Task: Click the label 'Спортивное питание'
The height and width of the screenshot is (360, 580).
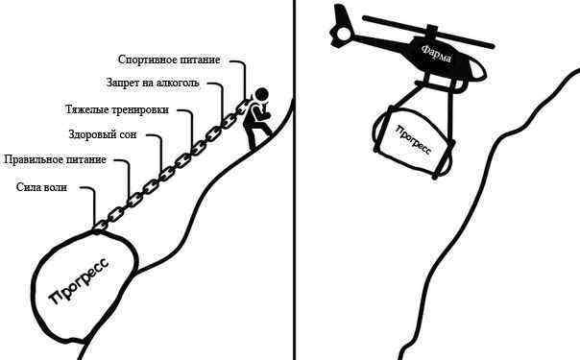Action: (169, 60)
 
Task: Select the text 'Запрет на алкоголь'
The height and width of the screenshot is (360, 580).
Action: (153, 83)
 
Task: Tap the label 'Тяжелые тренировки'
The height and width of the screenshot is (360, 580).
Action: (117, 109)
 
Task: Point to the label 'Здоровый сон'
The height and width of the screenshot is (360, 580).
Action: (103, 134)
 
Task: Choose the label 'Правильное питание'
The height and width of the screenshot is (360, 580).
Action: (55, 159)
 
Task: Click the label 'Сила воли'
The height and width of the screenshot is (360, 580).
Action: (42, 187)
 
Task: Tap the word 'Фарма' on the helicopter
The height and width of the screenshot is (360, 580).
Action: (437, 53)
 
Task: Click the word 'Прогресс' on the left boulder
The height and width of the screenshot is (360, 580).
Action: (79, 279)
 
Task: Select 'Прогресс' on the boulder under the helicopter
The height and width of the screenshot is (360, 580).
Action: (414, 140)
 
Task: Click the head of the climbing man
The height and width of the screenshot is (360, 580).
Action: (261, 94)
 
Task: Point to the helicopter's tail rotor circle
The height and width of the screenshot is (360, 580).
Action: (344, 33)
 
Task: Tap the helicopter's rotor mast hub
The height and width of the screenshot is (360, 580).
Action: (431, 31)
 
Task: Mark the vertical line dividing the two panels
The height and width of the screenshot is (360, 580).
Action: (295, 180)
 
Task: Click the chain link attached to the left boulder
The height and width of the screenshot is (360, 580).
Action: (100, 225)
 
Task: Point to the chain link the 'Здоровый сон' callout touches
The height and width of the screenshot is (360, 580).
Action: (166, 172)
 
